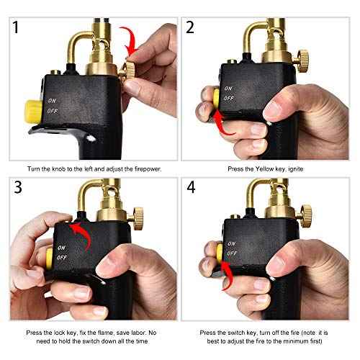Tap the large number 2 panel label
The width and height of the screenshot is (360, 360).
point(192,29)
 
